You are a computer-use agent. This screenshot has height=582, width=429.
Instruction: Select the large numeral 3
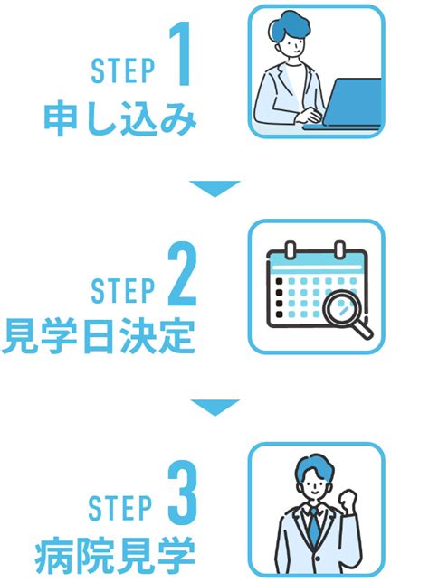click(182, 490)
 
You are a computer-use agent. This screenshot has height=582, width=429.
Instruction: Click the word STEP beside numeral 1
click(122, 70)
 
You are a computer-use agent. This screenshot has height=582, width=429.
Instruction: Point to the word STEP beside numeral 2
click(122, 290)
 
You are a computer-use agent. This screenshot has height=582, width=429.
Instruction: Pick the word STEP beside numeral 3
click(120, 506)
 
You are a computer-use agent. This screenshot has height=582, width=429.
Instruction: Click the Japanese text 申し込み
click(120, 119)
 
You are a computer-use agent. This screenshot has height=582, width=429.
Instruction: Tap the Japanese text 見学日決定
click(99, 337)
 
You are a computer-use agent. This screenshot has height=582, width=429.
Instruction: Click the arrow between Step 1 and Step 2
click(214, 188)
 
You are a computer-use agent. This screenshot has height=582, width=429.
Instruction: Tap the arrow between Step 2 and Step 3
click(214, 408)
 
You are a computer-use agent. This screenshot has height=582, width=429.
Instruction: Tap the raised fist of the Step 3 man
click(348, 502)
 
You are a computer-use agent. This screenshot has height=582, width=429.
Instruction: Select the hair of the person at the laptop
click(288, 27)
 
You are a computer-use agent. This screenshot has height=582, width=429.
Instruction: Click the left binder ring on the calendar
click(291, 249)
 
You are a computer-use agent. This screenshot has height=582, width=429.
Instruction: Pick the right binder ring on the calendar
click(339, 249)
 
